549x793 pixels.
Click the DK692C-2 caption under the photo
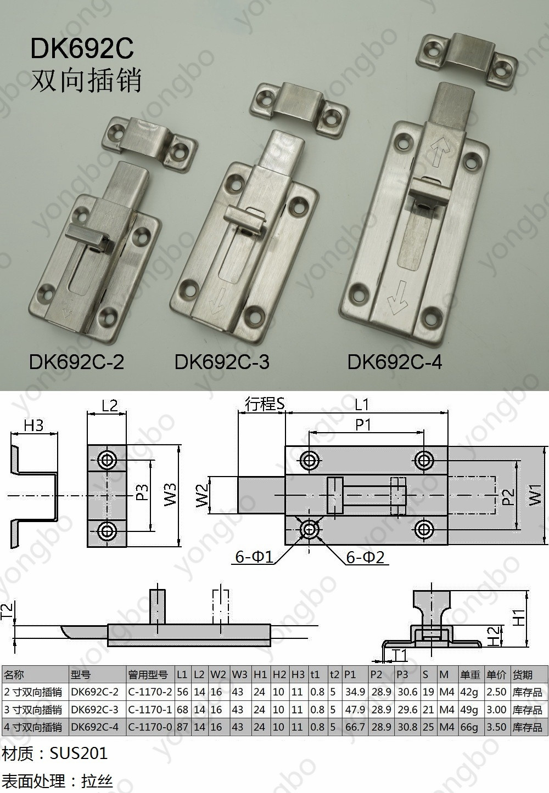pos(76,362)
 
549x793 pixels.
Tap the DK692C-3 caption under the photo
pos(222,362)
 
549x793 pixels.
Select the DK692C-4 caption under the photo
pos(395,362)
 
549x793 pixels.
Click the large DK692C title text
pos(82,48)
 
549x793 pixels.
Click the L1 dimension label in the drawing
pos(361,404)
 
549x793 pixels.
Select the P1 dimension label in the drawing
pos(363,424)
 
